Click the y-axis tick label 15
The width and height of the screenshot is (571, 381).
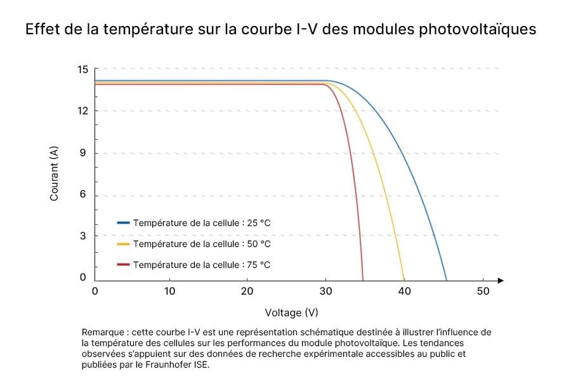83,69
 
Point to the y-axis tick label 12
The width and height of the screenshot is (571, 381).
83,111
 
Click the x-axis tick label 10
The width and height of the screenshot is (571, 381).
169,291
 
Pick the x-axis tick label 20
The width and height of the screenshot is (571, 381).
247,291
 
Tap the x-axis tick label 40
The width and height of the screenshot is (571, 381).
404,291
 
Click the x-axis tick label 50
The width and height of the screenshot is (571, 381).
483,291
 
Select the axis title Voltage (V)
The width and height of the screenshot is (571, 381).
291,312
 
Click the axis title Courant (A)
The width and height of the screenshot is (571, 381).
55,173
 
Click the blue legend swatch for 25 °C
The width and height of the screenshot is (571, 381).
123,223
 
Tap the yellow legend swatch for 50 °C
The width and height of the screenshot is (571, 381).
123,244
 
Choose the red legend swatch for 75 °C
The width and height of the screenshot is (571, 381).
123,265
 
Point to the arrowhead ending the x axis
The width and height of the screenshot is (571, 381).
501,280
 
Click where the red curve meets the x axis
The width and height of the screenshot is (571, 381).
363,279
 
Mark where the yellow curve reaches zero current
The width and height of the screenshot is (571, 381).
404,279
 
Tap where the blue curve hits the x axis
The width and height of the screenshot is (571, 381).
447,279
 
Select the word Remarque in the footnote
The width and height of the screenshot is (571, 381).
102,332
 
